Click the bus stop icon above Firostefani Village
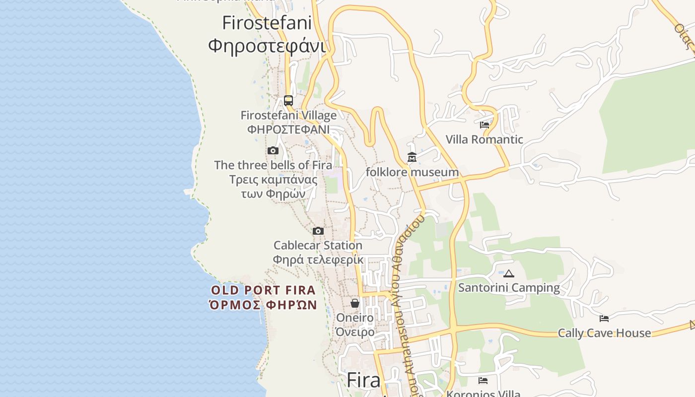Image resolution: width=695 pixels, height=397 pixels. pos(288,101)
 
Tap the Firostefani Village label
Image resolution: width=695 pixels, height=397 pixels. pos(288,115)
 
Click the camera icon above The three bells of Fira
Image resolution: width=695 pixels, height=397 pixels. pos(273,151)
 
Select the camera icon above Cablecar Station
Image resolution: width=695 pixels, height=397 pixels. pos(318,231)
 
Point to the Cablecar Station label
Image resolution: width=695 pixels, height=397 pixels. pos(318,245)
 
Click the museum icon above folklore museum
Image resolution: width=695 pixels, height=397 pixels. pos(412,158)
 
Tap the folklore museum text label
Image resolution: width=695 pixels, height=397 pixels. pos(412,172)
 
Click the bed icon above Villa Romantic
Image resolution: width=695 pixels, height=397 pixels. pos(485,125)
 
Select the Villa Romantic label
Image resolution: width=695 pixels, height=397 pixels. pos(484,139)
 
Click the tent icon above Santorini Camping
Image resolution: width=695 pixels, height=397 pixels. pos(509,273)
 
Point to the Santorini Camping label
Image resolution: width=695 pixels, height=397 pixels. pos(509,288)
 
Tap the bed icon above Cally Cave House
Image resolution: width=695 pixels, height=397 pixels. pos(604,319)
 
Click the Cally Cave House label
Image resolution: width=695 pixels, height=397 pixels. pos(604,333)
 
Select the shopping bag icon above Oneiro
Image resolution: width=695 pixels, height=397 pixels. pos(355,303)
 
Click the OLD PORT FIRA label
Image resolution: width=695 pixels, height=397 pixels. pos(263,290)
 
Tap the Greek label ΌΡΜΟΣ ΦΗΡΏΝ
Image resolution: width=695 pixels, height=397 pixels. pos(263,305)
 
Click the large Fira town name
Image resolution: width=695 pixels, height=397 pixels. pos(363,380)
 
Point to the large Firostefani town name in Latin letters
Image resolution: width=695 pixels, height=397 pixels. pos(267,23)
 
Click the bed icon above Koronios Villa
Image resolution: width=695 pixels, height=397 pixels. pos(483,381)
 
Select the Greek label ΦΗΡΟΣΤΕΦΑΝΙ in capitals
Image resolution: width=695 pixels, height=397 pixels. pos(288,130)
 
